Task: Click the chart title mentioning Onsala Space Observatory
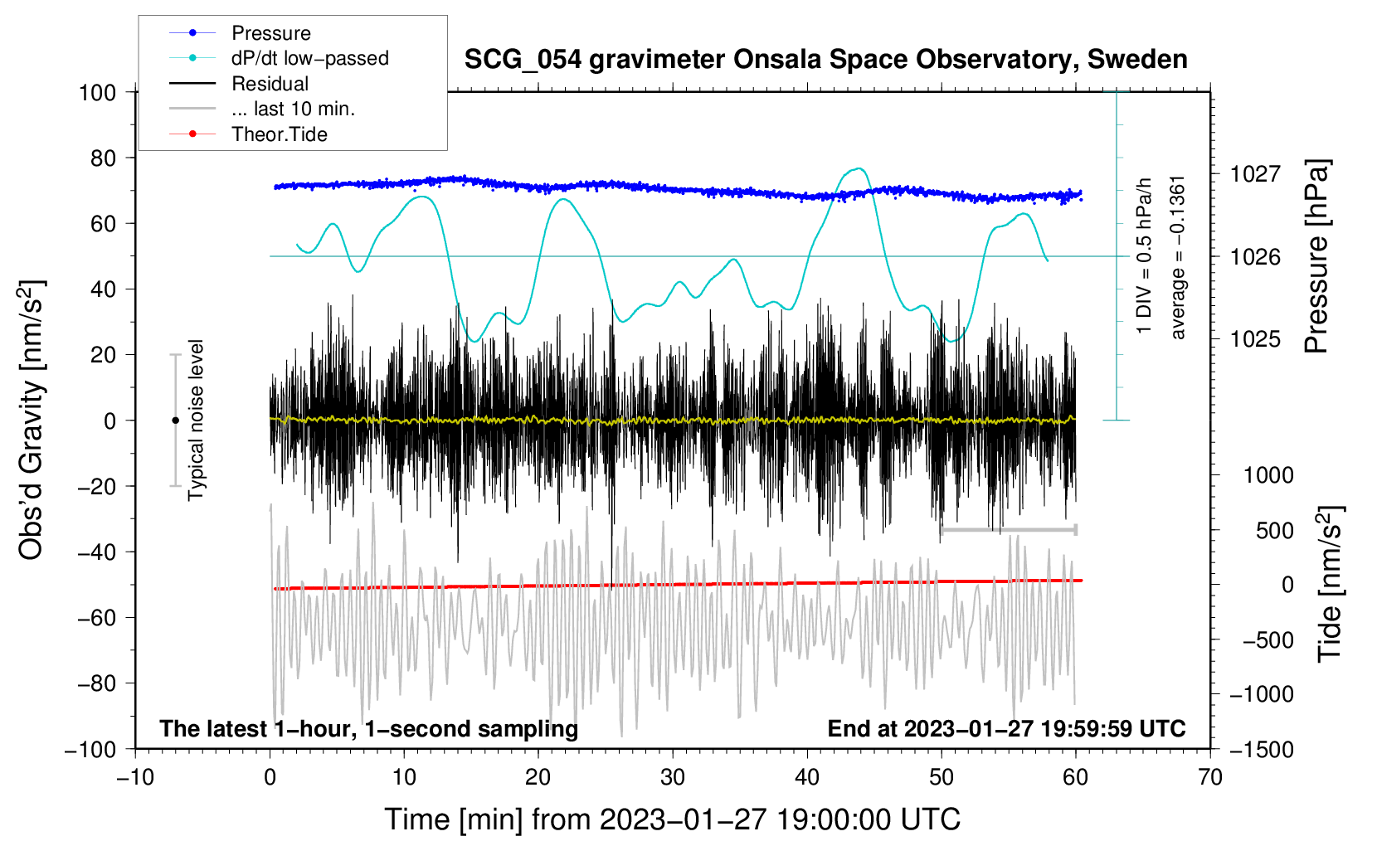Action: click(825, 60)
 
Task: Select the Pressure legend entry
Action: click(270, 33)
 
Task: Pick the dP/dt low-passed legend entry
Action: click(309, 58)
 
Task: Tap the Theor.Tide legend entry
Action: click(279, 134)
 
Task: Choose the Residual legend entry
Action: click(270, 84)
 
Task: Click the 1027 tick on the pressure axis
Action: click(1255, 174)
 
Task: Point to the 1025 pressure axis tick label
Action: click(1255, 339)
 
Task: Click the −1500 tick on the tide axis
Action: click(1262, 749)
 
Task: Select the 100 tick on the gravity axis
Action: click(97, 92)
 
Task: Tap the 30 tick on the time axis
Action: click(673, 777)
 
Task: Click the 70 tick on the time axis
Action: click(1210, 777)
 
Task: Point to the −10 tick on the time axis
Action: click(135, 777)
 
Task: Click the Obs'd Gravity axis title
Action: click(32, 420)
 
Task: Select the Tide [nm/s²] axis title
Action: click(1329, 584)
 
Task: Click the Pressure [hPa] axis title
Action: click(1316, 257)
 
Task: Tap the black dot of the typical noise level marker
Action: click(175, 421)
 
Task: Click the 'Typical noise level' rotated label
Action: click(196, 420)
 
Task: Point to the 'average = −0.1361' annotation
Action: click(1178, 257)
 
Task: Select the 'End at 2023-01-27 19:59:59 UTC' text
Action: click(1006, 729)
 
